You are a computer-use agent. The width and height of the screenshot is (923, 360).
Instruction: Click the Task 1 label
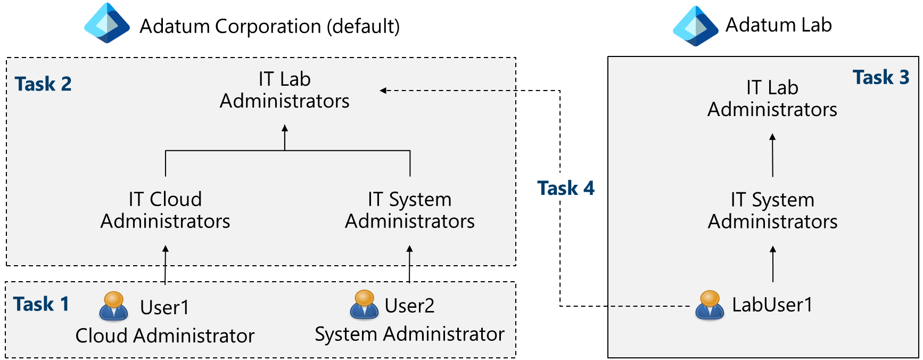point(41,304)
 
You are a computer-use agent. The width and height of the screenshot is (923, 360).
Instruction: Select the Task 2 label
point(43,84)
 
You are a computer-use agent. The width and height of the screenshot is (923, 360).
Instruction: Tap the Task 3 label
point(880,78)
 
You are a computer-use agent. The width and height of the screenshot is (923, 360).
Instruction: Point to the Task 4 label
point(565,189)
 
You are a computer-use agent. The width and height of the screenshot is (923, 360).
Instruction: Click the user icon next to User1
point(113,306)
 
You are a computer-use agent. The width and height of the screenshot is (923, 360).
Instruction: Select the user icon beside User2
point(364,305)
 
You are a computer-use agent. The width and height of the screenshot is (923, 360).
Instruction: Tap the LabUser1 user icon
point(710,305)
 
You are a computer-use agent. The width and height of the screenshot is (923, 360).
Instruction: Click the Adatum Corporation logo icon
point(107,23)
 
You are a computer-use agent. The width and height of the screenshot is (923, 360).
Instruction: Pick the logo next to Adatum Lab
point(695,26)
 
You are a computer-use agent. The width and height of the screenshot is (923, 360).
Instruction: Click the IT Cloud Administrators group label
point(165,210)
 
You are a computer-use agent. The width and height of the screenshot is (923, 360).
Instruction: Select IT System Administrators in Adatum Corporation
point(409,210)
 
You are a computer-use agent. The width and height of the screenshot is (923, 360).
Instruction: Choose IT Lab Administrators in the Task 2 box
point(284,90)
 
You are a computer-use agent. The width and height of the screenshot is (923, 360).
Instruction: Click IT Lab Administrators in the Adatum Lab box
point(772,99)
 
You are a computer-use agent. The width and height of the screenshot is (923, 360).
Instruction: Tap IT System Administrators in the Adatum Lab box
point(772,210)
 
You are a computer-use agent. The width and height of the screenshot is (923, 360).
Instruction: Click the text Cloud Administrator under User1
point(165,336)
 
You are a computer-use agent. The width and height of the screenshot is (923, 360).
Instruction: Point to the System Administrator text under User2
point(409,334)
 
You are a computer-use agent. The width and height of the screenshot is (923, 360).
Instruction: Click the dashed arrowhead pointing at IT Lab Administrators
point(383,91)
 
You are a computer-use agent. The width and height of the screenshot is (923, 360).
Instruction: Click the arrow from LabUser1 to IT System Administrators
point(773,264)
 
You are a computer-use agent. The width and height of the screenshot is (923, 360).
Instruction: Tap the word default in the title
point(362,27)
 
